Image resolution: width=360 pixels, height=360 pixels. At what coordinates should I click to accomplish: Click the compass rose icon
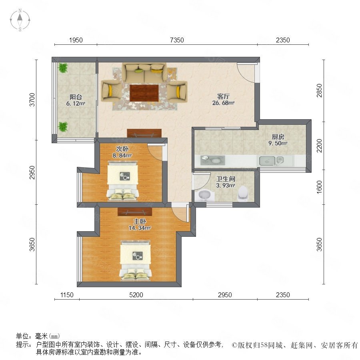(20, 20)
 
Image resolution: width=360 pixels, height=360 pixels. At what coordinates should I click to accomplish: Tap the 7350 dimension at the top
(177, 40)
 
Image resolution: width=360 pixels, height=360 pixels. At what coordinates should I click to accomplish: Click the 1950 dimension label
(76, 40)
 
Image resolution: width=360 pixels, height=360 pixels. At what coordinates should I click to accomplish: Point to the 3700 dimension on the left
(32, 100)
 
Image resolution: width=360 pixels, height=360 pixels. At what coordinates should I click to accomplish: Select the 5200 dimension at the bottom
(136, 295)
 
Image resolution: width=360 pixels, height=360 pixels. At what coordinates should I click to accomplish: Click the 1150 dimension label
(67, 295)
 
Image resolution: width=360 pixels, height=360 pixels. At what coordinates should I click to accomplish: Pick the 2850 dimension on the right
(319, 90)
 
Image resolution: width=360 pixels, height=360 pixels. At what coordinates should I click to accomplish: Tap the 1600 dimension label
(319, 187)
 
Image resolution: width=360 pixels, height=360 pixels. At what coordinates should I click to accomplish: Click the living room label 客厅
(223, 96)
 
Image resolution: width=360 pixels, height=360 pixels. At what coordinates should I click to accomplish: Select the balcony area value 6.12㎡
(76, 104)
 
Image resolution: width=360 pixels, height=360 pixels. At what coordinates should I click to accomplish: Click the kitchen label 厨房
(278, 137)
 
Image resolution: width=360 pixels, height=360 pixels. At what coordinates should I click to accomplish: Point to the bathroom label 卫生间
(226, 179)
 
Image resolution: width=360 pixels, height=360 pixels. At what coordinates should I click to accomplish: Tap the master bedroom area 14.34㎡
(140, 228)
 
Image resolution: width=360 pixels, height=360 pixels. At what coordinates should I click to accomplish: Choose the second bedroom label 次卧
(122, 149)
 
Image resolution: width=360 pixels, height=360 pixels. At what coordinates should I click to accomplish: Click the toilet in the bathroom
(243, 194)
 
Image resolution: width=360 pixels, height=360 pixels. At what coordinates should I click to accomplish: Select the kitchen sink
(271, 161)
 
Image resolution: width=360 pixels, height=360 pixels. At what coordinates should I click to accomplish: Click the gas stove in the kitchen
(213, 160)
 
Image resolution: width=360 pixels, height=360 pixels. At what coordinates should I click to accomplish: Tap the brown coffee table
(144, 93)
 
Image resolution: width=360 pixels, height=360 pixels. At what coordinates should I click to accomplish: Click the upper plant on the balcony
(63, 68)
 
